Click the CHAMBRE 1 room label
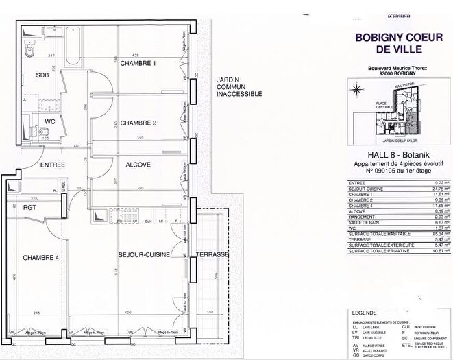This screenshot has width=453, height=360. (139, 64)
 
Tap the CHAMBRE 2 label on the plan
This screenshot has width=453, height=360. (139, 123)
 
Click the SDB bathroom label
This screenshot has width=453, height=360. (43, 76)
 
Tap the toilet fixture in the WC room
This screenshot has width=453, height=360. (27, 132)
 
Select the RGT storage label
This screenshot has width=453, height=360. (29, 207)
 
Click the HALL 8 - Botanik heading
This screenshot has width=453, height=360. (389, 156)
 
